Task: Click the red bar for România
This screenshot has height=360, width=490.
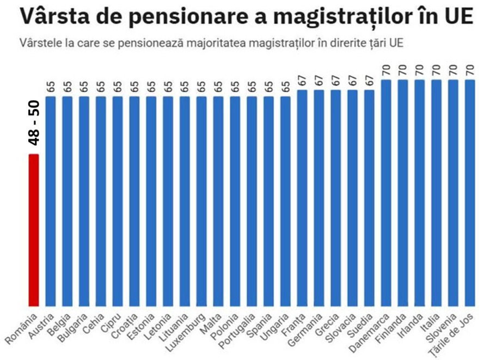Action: (x=34, y=229)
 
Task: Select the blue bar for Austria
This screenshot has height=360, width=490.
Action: (x=51, y=202)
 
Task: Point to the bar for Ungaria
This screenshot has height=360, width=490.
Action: (x=285, y=202)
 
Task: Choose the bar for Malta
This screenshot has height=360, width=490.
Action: (x=218, y=202)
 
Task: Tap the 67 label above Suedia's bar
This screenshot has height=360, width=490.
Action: (x=370, y=81)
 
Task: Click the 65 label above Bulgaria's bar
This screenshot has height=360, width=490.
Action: (x=84, y=87)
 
